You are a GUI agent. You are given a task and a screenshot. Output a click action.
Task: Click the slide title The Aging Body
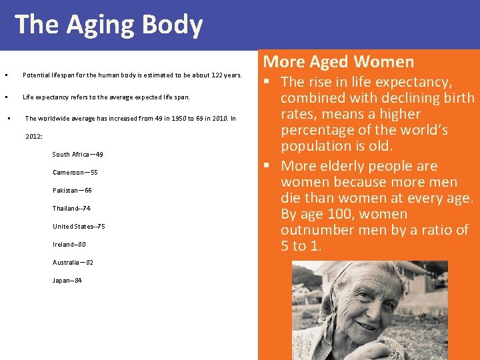[109, 25]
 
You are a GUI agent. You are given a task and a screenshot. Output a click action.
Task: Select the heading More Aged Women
[338, 62]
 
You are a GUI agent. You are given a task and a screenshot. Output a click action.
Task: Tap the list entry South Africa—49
[77, 155]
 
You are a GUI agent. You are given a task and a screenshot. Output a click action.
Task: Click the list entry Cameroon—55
[75, 173]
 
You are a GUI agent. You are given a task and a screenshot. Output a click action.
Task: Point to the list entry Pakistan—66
[72, 191]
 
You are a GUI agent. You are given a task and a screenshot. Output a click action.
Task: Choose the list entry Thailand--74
[71, 209]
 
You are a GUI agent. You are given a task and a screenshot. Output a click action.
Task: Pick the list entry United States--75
[79, 227]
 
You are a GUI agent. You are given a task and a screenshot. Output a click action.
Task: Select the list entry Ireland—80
[69, 245]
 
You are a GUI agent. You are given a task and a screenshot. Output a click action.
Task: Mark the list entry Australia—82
[73, 263]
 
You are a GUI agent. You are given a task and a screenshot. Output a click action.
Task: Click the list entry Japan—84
[67, 281]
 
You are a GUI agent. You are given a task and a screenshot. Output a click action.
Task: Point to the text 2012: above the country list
[34, 137]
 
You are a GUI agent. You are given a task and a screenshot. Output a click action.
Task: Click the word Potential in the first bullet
[35, 75]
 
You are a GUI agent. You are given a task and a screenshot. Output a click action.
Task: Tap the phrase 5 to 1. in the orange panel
[301, 246]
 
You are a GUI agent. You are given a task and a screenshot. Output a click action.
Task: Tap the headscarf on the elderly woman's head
[347, 280]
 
